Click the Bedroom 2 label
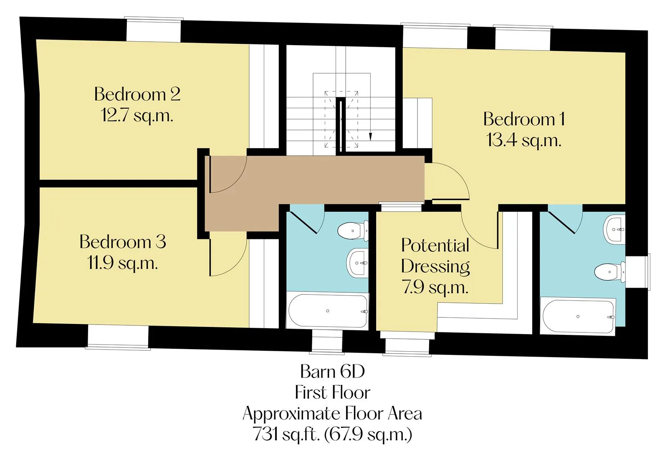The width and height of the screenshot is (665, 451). coord(137,94)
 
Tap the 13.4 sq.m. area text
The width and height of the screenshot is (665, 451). coord(523,140)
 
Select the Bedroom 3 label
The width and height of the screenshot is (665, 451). coord(123,242)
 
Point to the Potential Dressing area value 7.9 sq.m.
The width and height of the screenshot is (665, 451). coord(435,287)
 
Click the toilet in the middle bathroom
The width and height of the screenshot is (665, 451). coord(353,231)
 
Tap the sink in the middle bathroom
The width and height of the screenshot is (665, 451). coord(357,263)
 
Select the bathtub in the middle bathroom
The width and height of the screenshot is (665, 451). coord(328,311)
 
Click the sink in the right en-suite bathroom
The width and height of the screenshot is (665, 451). coord(614,230)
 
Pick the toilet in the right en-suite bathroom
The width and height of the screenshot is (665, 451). coord(610,272)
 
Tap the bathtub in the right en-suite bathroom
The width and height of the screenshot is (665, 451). coord(578,317)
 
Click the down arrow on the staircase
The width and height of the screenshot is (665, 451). coord(370,137)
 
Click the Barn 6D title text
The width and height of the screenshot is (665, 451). coord(332,371)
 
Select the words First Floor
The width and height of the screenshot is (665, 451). coord(332,393)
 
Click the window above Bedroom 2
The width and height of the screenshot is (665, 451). coord(154,29)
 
